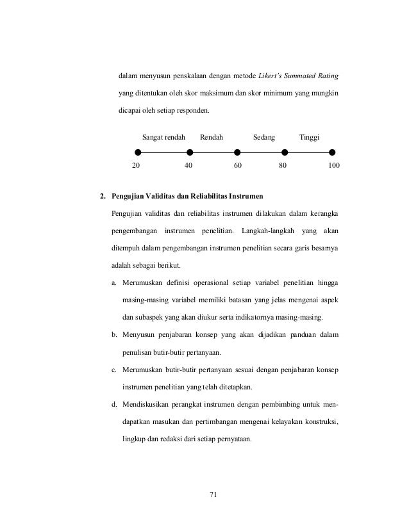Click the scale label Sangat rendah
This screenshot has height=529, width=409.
pyautogui.click(x=163, y=137)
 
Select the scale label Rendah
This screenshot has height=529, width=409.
pyautogui.click(x=212, y=137)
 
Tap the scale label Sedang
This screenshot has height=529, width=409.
pyautogui.click(x=264, y=137)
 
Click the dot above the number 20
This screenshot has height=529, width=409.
pyautogui.click(x=137, y=152)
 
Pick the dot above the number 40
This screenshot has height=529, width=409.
pyautogui.click(x=189, y=152)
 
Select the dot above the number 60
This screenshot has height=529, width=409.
pyautogui.click(x=237, y=152)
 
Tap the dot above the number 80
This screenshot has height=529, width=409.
pyautogui.click(x=285, y=152)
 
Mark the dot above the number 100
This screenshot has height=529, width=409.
pyautogui.click(x=332, y=152)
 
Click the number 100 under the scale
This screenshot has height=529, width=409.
pyautogui.click(x=333, y=165)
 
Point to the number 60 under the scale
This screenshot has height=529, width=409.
pyautogui.click(x=237, y=165)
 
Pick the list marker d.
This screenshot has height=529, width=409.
pyautogui.click(x=114, y=405)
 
